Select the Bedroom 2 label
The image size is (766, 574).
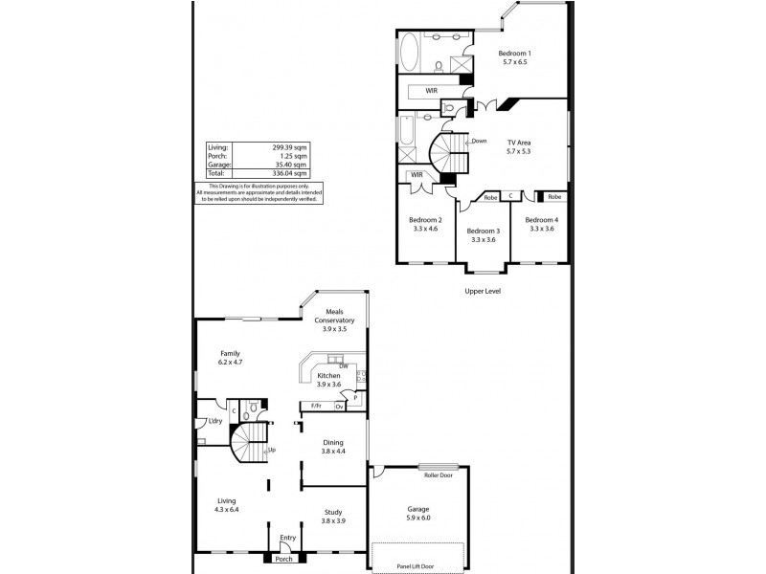(425, 220)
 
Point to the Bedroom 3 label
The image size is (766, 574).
(484, 232)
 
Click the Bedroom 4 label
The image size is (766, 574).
(541, 220)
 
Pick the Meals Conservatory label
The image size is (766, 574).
(335, 316)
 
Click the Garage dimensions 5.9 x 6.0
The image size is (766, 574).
(419, 518)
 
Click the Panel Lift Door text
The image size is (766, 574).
(418, 566)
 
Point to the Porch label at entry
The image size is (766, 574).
(284, 560)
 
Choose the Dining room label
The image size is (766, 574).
(333, 442)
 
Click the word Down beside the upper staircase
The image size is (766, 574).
(479, 141)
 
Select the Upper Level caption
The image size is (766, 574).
(483, 291)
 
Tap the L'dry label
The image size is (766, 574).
(202, 422)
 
